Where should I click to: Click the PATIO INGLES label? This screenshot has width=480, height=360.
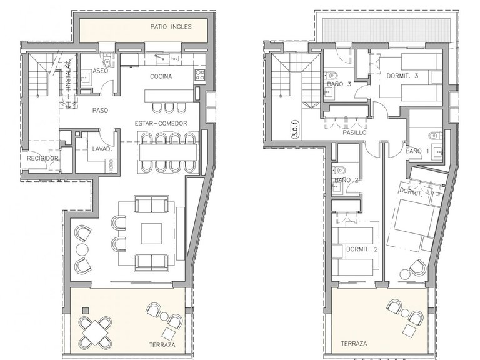(171, 27)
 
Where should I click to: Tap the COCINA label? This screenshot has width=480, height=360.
(161, 76)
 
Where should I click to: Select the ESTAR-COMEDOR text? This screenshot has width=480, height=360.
(161, 123)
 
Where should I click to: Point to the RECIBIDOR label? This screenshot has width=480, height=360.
(42, 159)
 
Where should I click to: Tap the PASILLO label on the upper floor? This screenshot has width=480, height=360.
(354, 132)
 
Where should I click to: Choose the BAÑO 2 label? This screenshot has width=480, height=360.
(346, 180)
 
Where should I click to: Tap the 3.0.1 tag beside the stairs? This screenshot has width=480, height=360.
(294, 129)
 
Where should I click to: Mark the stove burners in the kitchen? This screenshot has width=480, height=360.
(200, 76)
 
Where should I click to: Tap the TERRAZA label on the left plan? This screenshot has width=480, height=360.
(162, 344)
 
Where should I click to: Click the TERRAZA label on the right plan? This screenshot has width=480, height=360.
(354, 344)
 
